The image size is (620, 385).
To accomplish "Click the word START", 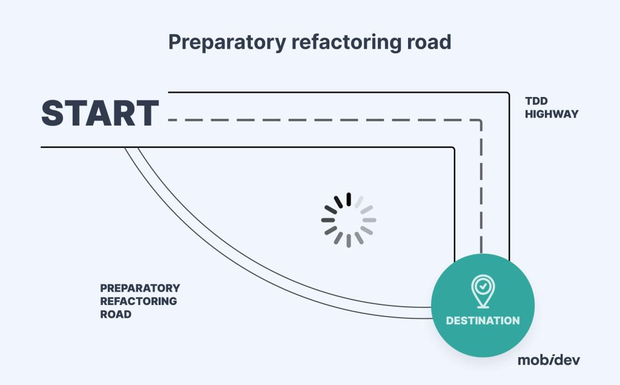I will point(100,113).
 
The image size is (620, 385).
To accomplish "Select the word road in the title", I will point(428,42).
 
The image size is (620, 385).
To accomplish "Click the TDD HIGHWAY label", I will point(544,108).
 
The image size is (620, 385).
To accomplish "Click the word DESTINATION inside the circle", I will point(483,320).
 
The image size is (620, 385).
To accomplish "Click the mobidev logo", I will point(548,360).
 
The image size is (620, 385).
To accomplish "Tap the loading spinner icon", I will point(349,220).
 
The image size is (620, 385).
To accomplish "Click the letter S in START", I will point(54,113).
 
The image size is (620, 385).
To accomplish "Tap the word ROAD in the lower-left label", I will point(116,315).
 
